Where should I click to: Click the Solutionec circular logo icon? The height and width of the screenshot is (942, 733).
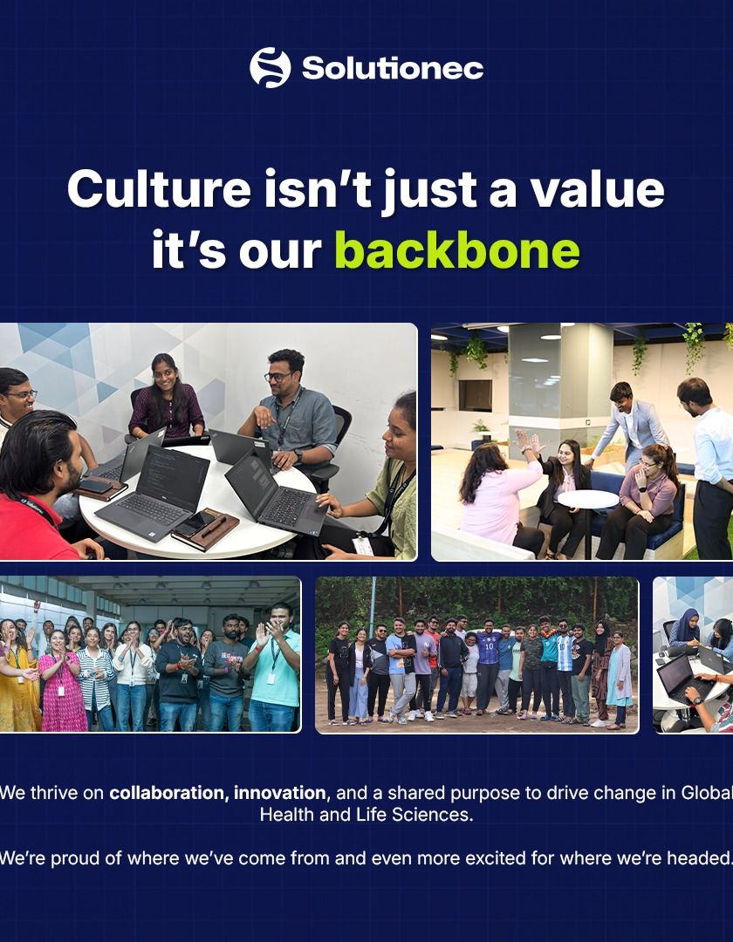click(271, 68)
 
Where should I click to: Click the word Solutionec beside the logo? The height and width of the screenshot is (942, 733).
click(393, 69)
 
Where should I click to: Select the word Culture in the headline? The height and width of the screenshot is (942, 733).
click(159, 188)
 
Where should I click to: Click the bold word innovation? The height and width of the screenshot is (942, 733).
click(280, 793)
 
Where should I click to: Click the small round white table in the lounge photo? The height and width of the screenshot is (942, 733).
click(587, 499)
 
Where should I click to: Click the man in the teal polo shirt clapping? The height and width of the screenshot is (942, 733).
click(275, 667)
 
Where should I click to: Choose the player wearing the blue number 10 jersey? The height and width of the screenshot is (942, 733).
click(488, 667)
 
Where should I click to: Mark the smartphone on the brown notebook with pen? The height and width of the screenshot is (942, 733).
click(195, 524)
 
